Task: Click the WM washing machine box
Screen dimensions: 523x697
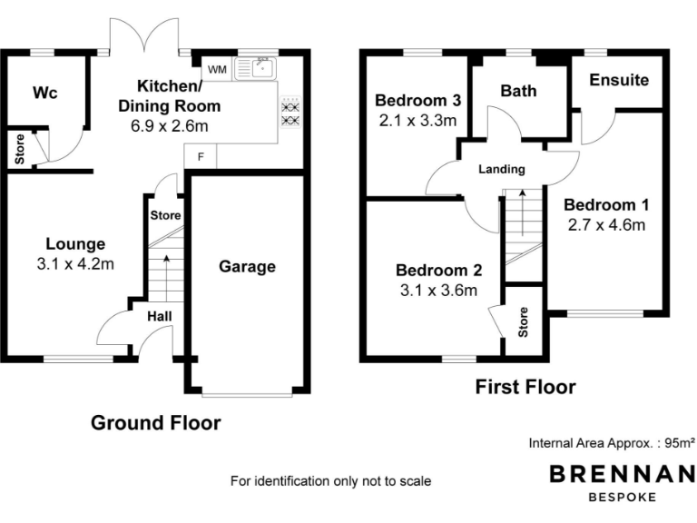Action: pyautogui.click(x=217, y=69)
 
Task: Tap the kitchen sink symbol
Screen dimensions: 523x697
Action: pyautogui.click(x=257, y=67)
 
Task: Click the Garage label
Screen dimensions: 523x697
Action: pyautogui.click(x=247, y=266)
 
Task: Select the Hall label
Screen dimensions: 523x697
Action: pyautogui.click(x=162, y=316)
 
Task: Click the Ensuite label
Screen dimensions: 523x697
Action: pyautogui.click(x=619, y=80)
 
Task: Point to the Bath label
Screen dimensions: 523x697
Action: pyautogui.click(x=518, y=91)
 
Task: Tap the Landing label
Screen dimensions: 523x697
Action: pyautogui.click(x=503, y=169)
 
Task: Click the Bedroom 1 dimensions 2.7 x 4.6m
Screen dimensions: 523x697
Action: pyautogui.click(x=606, y=225)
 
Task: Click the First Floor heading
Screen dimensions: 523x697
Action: pyautogui.click(x=525, y=388)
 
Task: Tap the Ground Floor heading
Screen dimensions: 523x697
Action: pyautogui.click(x=156, y=422)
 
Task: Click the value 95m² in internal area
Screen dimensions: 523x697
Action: pyautogui.click(x=677, y=444)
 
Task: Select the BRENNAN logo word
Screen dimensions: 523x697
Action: pyautogui.click(x=623, y=474)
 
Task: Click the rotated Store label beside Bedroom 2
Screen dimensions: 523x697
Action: pyautogui.click(x=524, y=322)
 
